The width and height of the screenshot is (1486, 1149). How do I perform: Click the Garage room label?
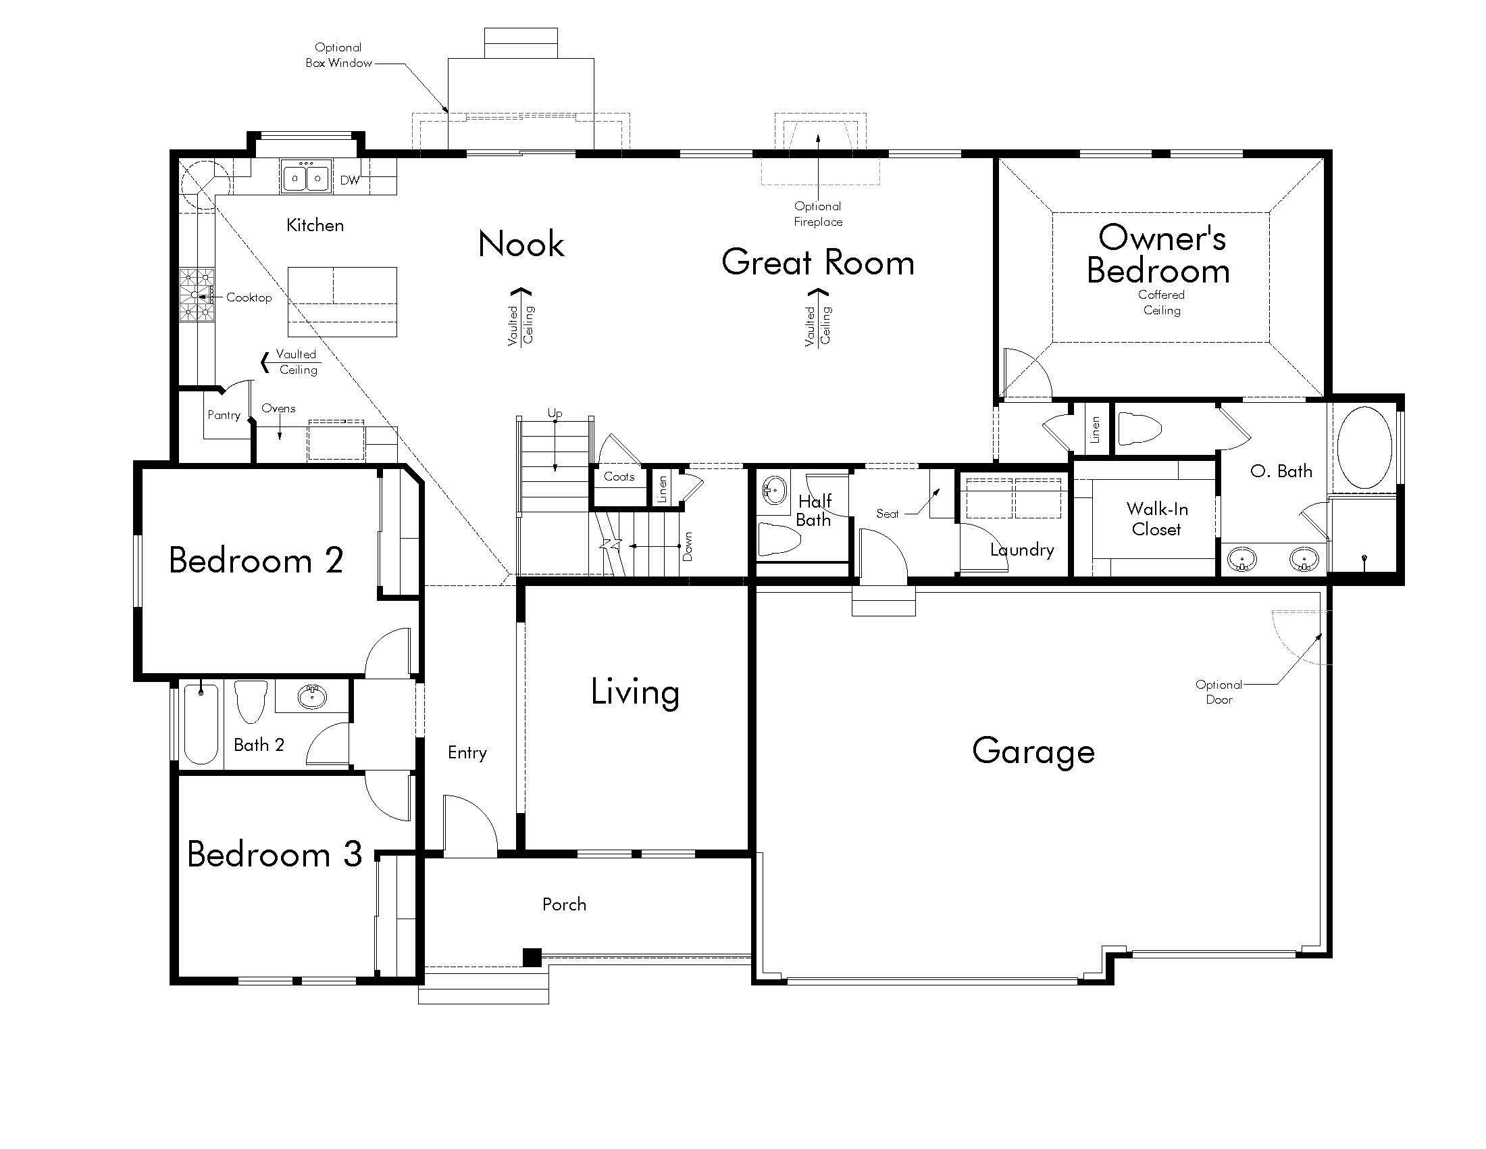(x=1033, y=752)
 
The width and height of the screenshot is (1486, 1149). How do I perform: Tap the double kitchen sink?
(x=306, y=178)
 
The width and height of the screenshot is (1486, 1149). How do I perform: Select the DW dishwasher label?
(x=350, y=180)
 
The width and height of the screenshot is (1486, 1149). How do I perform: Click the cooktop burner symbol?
(x=197, y=295)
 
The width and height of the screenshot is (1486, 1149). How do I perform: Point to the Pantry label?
(x=224, y=415)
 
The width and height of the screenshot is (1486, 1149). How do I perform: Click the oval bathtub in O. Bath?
(x=1364, y=447)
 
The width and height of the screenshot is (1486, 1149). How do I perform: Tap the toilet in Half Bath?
(x=779, y=539)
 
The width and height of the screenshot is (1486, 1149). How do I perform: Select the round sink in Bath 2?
(x=311, y=696)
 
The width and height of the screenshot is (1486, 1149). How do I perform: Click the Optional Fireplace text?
(x=818, y=214)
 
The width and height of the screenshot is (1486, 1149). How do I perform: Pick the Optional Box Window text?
(x=338, y=55)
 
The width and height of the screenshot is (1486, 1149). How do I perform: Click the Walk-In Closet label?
(x=1156, y=518)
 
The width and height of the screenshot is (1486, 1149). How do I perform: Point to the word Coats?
(x=619, y=476)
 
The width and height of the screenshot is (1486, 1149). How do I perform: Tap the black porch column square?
(x=532, y=957)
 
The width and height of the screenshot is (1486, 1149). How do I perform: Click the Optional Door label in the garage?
(x=1219, y=691)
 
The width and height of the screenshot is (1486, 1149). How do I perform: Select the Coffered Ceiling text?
(x=1162, y=302)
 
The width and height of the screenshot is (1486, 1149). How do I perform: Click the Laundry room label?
(x=1022, y=549)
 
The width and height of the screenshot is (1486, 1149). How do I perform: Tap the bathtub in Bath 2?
(x=201, y=724)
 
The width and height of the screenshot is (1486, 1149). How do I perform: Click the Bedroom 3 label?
(x=274, y=854)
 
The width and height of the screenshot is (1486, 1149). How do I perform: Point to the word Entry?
(x=467, y=752)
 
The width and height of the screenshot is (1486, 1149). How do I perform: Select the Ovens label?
(x=278, y=408)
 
